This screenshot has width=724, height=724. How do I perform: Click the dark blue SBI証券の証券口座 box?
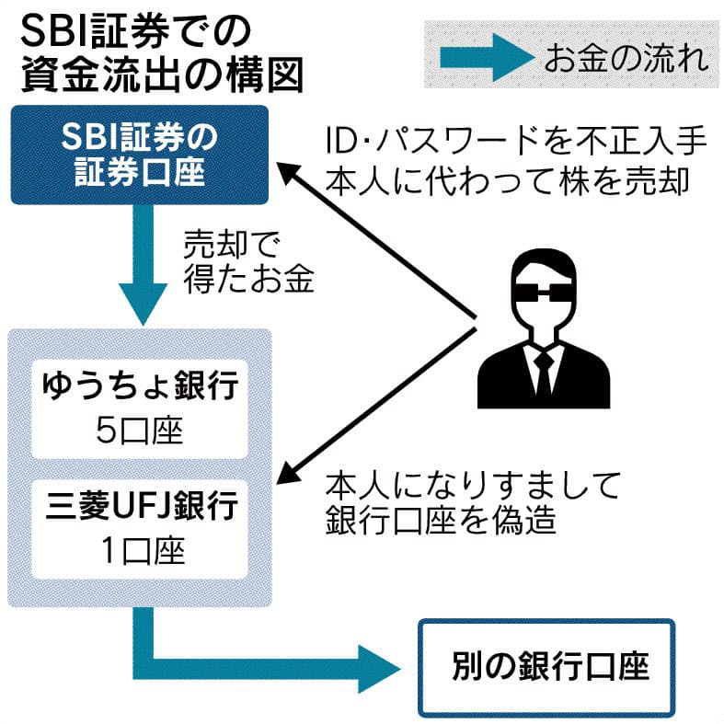tap(139, 155)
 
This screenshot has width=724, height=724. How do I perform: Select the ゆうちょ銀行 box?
tap(139, 408)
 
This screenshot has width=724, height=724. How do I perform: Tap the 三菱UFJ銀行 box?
tap(139, 527)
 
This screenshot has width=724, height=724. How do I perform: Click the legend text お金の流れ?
tap(626, 60)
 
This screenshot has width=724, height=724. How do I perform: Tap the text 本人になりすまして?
tap(474, 483)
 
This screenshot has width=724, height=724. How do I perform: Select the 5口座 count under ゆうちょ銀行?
tap(139, 429)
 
